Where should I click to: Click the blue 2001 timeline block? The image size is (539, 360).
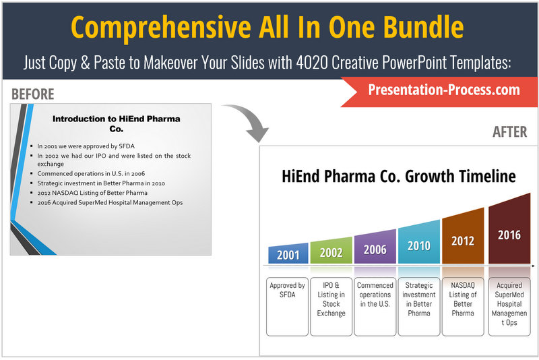(288, 253)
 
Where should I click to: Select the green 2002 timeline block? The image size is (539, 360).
(331, 251)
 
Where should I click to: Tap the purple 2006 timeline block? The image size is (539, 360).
(375, 247)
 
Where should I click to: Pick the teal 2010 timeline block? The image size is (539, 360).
(419, 243)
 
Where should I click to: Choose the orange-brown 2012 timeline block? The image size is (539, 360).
(463, 238)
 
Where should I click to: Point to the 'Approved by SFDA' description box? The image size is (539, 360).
(288, 306)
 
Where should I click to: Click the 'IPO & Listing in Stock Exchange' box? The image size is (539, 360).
(331, 306)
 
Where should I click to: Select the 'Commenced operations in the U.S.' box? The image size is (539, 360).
(375, 306)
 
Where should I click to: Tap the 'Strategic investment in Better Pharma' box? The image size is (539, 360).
(419, 306)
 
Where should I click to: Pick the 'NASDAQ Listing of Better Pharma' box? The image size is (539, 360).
(463, 306)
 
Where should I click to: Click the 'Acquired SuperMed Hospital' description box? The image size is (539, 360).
(509, 306)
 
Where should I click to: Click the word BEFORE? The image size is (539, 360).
(32, 94)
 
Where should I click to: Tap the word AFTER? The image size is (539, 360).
(510, 131)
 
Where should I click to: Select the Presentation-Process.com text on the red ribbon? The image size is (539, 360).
(444, 90)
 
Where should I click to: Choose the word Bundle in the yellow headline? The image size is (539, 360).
(424, 27)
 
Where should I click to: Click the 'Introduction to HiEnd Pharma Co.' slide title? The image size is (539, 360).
(116, 124)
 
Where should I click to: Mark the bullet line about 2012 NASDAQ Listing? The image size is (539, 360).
(92, 193)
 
